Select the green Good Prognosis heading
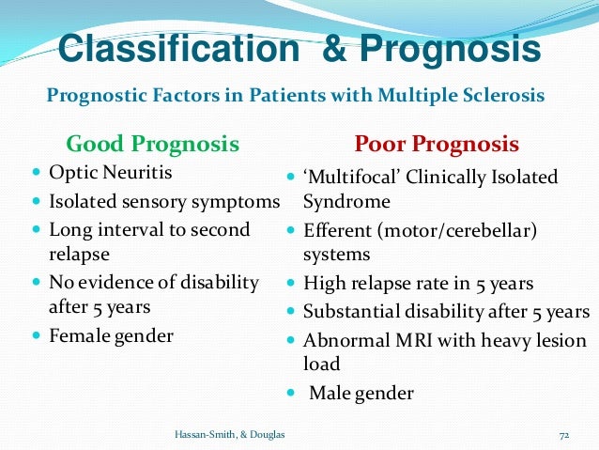pyautogui.click(x=152, y=144)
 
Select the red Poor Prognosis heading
pyautogui.click(x=436, y=144)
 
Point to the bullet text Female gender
pyautogui.click(x=111, y=335)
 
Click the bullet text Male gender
pyautogui.click(x=361, y=393)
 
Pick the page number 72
pyautogui.click(x=564, y=434)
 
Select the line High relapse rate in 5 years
pyautogui.click(x=418, y=283)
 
